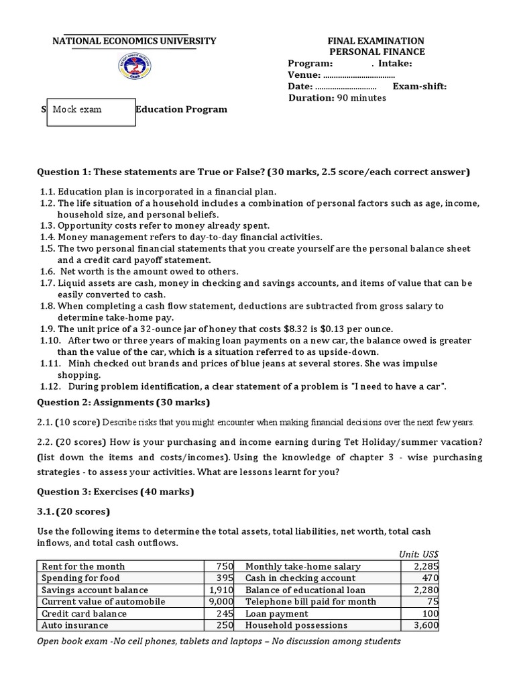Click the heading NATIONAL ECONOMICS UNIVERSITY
tap(134, 41)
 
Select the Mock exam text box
tap(91, 109)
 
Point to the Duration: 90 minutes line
tap(337, 98)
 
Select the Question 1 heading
tap(253, 172)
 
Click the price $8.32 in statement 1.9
tap(268, 329)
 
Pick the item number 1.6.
tap(46, 271)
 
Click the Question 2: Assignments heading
tap(123, 403)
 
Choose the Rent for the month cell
tap(83, 566)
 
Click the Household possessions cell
tap(296, 625)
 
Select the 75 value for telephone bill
tap(433, 602)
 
